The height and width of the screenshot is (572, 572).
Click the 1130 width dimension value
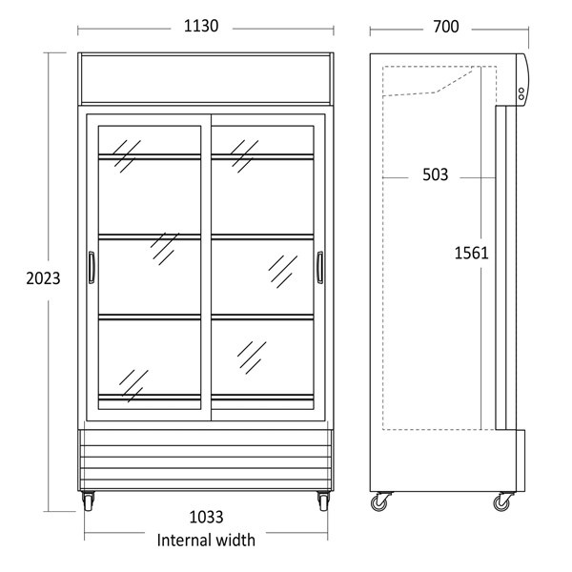(x=201, y=27)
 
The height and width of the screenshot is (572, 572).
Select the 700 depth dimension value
(x=446, y=27)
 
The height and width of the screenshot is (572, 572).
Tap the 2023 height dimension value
(x=43, y=278)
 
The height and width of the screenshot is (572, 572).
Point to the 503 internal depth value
(x=436, y=174)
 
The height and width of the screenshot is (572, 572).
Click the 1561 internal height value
(x=471, y=254)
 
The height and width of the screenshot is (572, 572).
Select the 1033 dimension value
(x=206, y=518)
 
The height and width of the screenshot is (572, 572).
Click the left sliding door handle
(x=92, y=267)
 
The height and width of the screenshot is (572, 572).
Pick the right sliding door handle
(x=320, y=267)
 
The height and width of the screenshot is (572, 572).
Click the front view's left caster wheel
(x=88, y=500)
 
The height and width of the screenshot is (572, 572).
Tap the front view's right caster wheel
(x=323, y=500)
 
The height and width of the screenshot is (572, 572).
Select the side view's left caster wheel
(x=380, y=502)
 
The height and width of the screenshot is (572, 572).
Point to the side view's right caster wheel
(x=502, y=502)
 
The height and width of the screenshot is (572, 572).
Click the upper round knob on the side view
(x=521, y=91)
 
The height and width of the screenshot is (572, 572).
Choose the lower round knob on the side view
(x=521, y=97)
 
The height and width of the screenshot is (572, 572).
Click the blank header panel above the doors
(x=205, y=79)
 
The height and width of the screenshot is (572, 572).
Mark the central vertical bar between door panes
(x=206, y=267)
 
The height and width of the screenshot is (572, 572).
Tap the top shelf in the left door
(x=150, y=157)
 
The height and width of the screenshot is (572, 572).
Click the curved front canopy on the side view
(x=522, y=80)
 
